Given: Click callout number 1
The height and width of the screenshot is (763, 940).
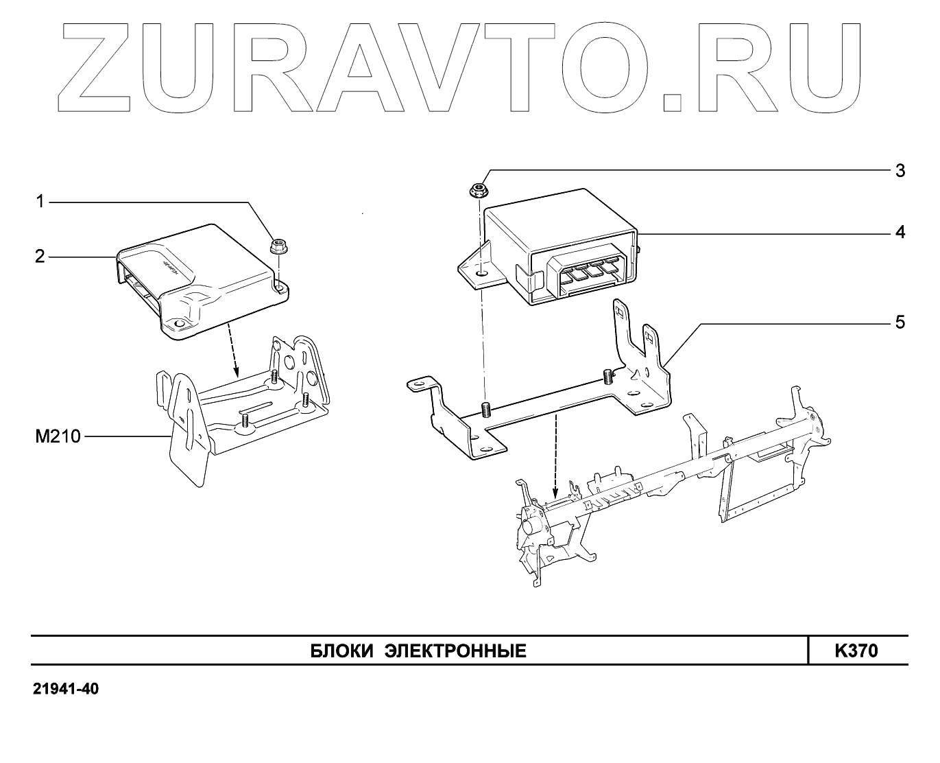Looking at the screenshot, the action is point(40,202).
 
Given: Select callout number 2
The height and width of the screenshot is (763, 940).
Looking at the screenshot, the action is point(40,257).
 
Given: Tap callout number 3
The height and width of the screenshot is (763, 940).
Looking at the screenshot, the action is point(900,170).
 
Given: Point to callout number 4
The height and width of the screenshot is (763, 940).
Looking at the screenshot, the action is point(900,232).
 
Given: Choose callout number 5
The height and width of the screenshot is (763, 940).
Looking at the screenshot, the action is point(900,322).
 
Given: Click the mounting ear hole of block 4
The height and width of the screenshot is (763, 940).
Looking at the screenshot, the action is point(482,273).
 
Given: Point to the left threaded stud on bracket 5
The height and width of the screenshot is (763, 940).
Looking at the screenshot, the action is point(485,409).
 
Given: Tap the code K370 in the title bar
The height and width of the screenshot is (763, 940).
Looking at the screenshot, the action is point(856,650).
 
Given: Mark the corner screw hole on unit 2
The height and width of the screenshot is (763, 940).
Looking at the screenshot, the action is point(180,323).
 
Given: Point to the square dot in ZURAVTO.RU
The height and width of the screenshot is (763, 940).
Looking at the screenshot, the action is point(673,100).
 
